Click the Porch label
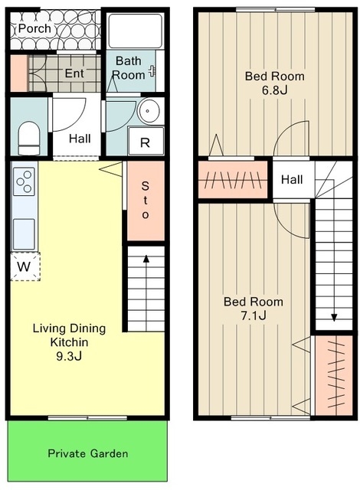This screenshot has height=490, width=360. coord(34,29)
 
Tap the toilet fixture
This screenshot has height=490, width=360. coord(29,138)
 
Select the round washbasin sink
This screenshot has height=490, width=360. coord(149,110)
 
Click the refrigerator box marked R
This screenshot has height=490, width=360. coord(146,141)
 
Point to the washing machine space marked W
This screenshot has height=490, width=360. coord(25,266)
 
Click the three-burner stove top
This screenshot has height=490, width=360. coord(24,181)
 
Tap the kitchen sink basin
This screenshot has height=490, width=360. coord(24,234)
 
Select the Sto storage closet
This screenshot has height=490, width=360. coord(146,201)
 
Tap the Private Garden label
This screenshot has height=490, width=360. coord(88,453)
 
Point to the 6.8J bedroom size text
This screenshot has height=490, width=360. coord(275,90)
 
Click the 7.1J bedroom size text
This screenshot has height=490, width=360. coord(254,316)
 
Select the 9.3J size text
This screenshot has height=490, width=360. coord(69,356)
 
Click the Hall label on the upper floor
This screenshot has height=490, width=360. coord(292,180)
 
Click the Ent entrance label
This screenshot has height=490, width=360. coord(74,73)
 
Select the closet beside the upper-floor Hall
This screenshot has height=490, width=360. coord(233,180)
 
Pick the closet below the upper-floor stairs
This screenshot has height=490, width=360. coord(334,375)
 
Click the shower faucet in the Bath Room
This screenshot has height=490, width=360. coord(152,71)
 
